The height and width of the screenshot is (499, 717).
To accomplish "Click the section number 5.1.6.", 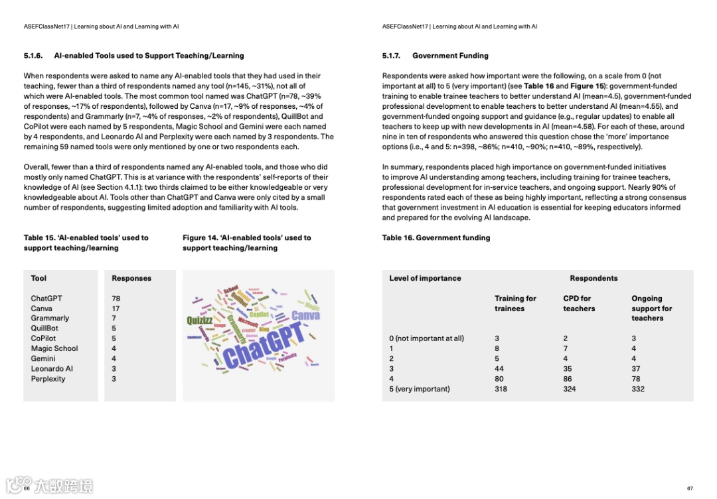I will pyautogui.click(x=33, y=56).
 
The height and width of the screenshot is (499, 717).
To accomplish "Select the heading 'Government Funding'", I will pyautogui.click(x=450, y=56).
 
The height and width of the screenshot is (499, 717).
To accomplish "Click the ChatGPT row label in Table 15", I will pyautogui.click(x=46, y=299).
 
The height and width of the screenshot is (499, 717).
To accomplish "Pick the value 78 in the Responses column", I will pyautogui.click(x=116, y=299).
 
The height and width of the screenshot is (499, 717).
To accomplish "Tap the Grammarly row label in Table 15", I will pyautogui.click(x=50, y=319).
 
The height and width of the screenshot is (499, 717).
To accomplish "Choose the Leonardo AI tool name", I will pyautogui.click(x=52, y=369).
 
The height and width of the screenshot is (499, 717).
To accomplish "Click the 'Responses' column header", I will pyautogui.click(x=131, y=279).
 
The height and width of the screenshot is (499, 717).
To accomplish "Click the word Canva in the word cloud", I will pyautogui.click(x=305, y=316).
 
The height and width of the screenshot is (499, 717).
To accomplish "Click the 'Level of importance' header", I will pyautogui.click(x=425, y=279).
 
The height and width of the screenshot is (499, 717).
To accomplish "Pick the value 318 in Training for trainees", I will pyautogui.click(x=501, y=389).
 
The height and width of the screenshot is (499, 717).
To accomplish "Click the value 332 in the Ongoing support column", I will pyautogui.click(x=638, y=389).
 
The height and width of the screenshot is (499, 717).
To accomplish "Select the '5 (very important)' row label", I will pyautogui.click(x=419, y=389).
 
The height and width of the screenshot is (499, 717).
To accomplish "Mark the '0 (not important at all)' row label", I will pyautogui.click(x=426, y=338).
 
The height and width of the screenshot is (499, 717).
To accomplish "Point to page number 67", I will pyautogui.click(x=690, y=488).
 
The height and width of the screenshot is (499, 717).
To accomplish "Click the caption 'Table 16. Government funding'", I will pyautogui.click(x=436, y=238).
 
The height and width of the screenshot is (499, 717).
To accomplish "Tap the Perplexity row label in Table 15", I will pyautogui.click(x=48, y=379).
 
